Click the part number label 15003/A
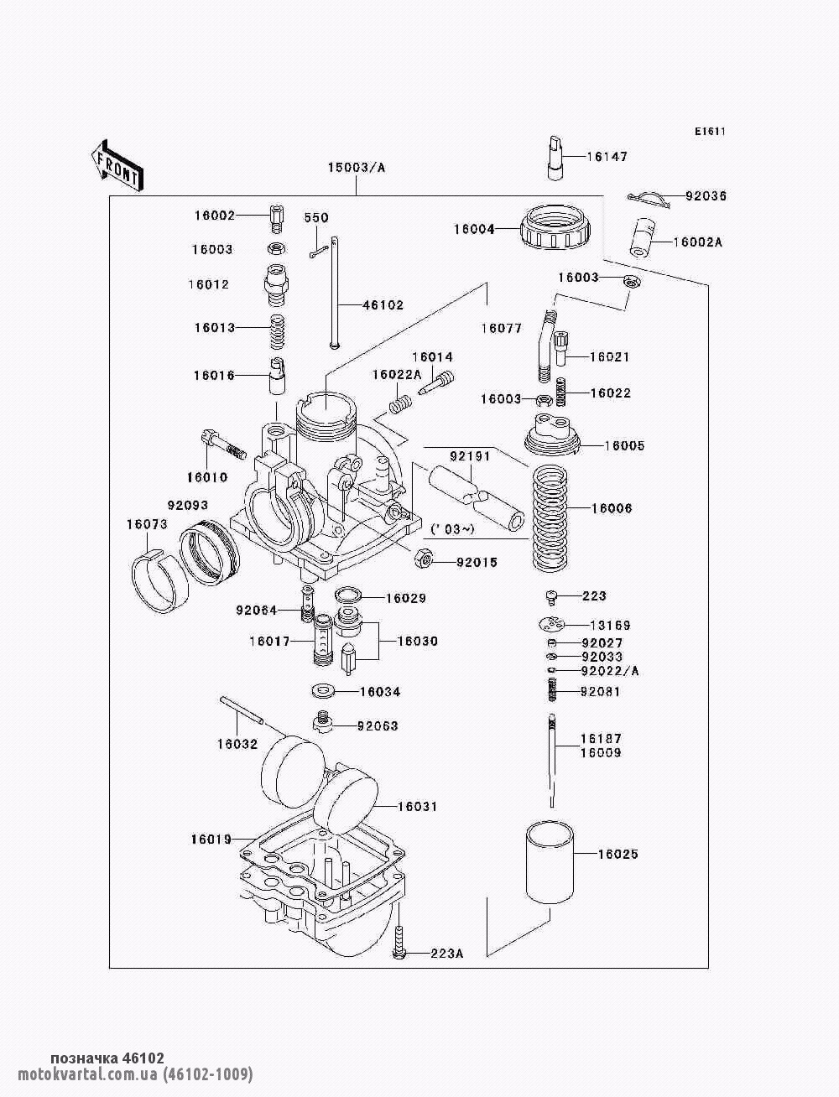[x=356, y=167]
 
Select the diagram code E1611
[x=709, y=131]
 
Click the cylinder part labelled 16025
[x=550, y=862]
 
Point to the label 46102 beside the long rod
[x=383, y=305]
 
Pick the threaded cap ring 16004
[x=558, y=227]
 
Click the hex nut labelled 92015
[x=425, y=559]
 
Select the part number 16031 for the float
[x=417, y=807]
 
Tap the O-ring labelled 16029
[x=347, y=596]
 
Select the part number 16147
[x=607, y=157]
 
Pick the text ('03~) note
[x=452, y=529]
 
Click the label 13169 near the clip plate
[x=610, y=626]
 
